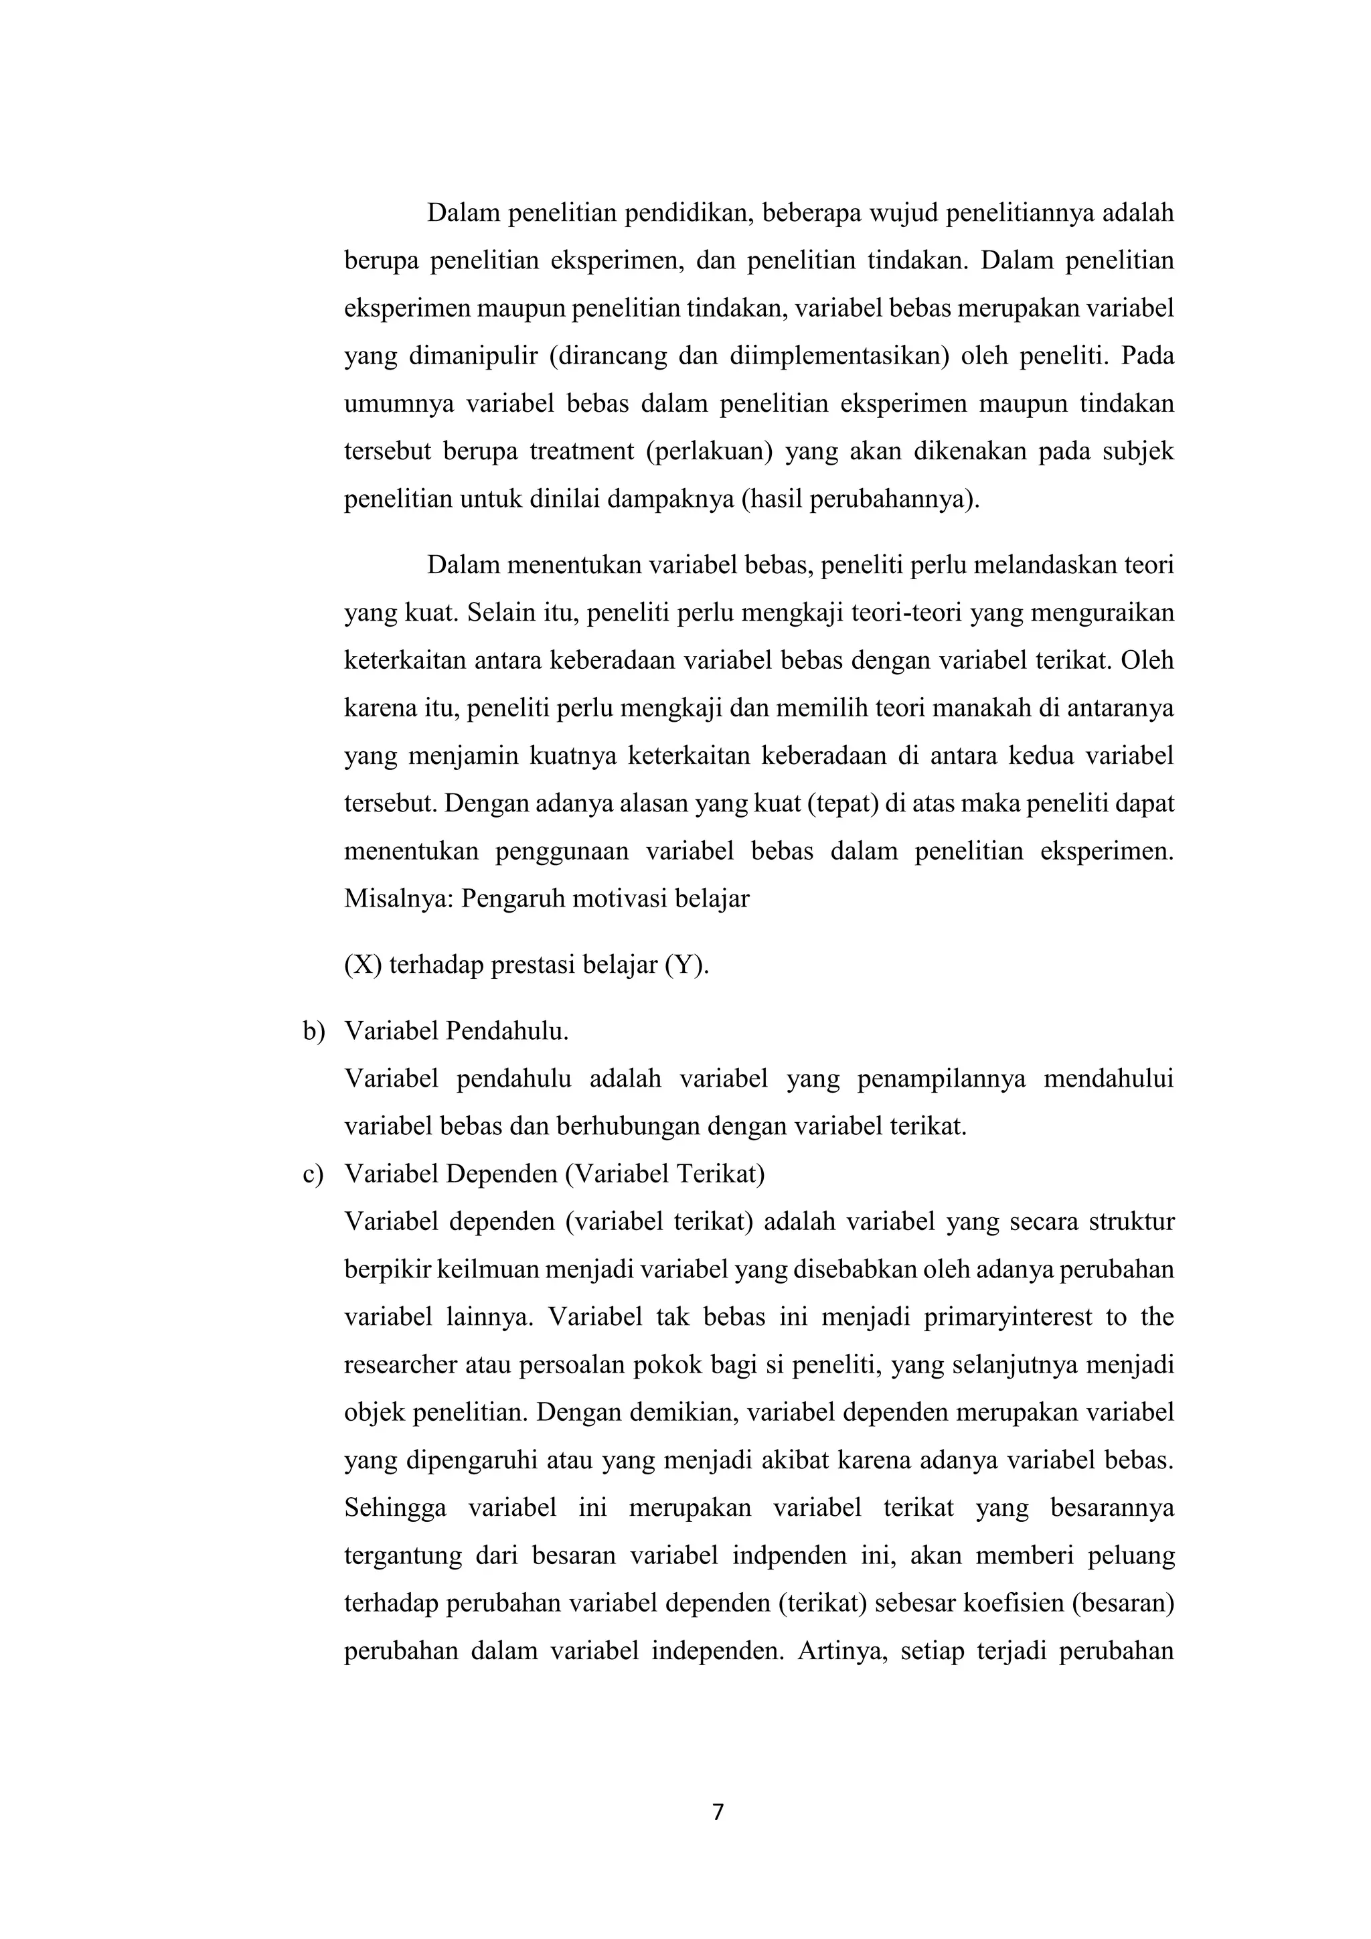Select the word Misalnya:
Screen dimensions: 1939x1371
[x=398, y=898]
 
